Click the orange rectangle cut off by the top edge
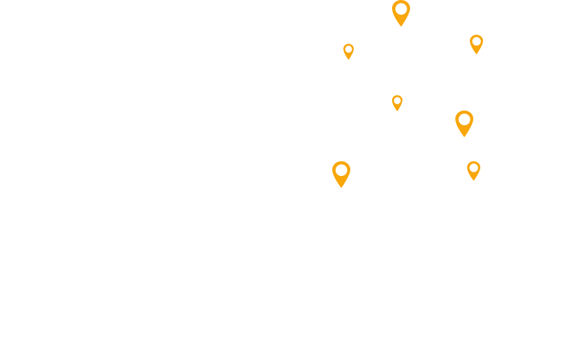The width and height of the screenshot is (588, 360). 401,13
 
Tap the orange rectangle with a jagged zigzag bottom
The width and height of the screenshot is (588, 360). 348,51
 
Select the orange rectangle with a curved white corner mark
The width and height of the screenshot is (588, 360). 476,43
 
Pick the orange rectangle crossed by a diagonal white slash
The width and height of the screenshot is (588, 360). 464,122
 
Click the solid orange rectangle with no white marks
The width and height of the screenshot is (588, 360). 473,171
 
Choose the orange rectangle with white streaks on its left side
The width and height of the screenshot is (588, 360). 341,174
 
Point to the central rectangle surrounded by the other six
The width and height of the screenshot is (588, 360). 397,102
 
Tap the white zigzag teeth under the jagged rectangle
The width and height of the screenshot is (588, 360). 348,58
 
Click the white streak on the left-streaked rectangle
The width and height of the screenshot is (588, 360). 334,174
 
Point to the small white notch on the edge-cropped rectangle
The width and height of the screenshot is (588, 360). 393,22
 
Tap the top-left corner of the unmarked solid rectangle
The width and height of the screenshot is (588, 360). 467,162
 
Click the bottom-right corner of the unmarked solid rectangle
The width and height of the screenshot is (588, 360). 480,180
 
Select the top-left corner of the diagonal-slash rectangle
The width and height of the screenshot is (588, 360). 456,111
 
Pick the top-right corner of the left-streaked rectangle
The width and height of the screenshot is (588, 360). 350,162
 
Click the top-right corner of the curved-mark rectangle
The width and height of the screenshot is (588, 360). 482,35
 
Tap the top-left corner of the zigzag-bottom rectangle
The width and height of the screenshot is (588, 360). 343,44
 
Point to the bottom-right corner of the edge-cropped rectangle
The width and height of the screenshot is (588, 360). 409,26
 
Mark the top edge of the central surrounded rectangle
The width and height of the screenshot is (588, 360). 397,96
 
